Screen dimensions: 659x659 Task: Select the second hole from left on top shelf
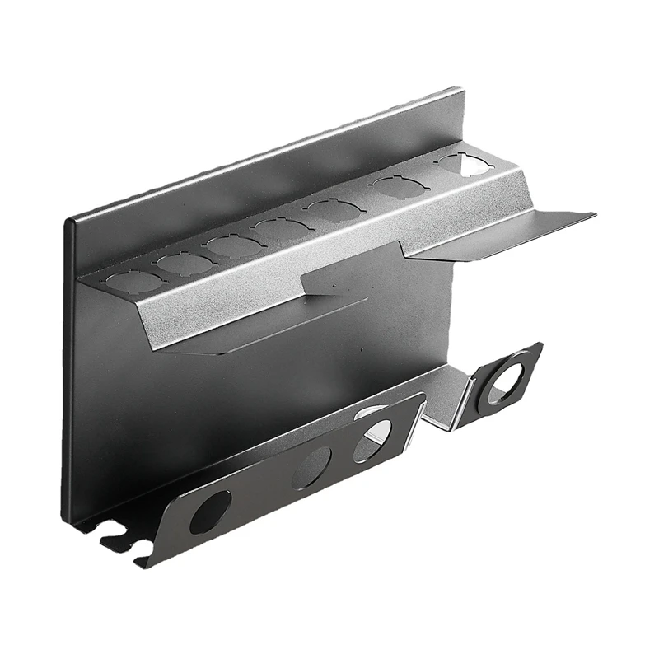(184, 263)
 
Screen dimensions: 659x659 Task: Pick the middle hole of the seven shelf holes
(278, 228)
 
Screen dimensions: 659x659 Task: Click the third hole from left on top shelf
(231, 245)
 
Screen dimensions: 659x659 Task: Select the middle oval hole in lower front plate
(316, 463)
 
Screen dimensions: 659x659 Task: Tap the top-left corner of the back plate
(69, 217)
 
